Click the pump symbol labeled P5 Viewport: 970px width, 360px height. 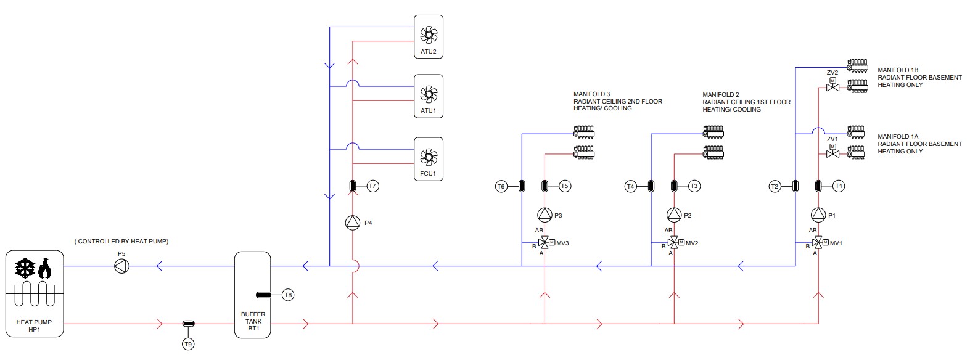coord(121,266)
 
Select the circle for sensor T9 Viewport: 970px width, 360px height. coord(188,344)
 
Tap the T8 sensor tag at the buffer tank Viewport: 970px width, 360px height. coord(288,295)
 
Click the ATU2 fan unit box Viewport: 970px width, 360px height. coord(428,36)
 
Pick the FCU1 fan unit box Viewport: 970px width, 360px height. coord(428,158)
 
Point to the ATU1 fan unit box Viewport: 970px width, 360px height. coord(428,97)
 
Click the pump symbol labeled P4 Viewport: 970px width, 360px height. coord(352,223)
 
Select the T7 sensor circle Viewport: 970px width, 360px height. coord(372,186)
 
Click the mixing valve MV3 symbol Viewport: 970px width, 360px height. coord(545,243)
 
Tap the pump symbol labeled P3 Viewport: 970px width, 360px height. coord(545,215)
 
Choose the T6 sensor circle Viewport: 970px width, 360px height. coord(501,186)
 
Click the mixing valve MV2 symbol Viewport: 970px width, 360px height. coord(674,243)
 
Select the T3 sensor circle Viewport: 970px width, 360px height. coord(694,186)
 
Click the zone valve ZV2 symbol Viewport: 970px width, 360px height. coord(832,88)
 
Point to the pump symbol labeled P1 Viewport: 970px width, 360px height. coord(818,215)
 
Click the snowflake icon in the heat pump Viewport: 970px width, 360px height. coord(25,268)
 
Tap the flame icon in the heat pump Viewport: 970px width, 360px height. coord(44,268)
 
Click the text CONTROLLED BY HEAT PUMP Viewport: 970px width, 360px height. coord(121,242)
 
